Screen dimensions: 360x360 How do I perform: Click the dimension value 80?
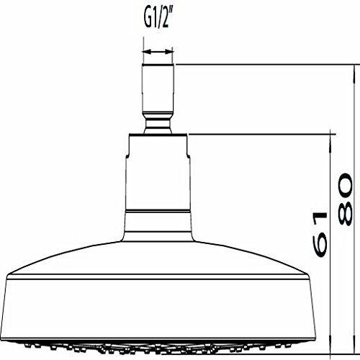(346, 199)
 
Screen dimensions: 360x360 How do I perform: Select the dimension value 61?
(320, 235)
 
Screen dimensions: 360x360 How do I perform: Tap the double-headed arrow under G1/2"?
(158, 51)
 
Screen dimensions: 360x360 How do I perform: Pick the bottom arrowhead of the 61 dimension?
(331, 345)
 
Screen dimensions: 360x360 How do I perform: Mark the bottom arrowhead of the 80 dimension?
(354, 345)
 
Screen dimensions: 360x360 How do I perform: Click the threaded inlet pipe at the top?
(158, 89)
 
